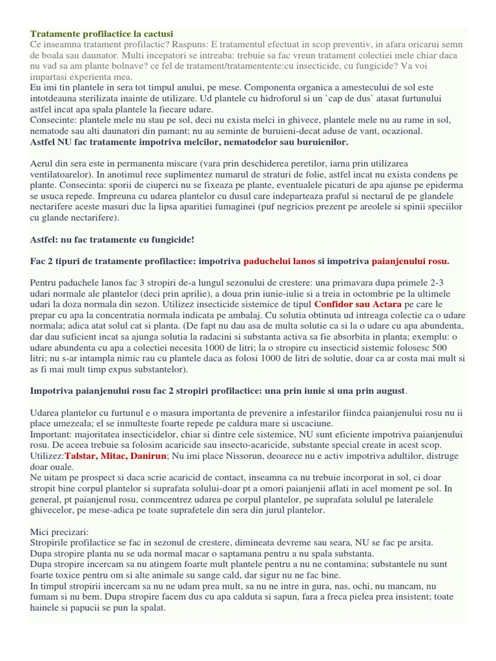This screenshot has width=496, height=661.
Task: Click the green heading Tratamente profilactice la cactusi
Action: [x=101, y=33]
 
